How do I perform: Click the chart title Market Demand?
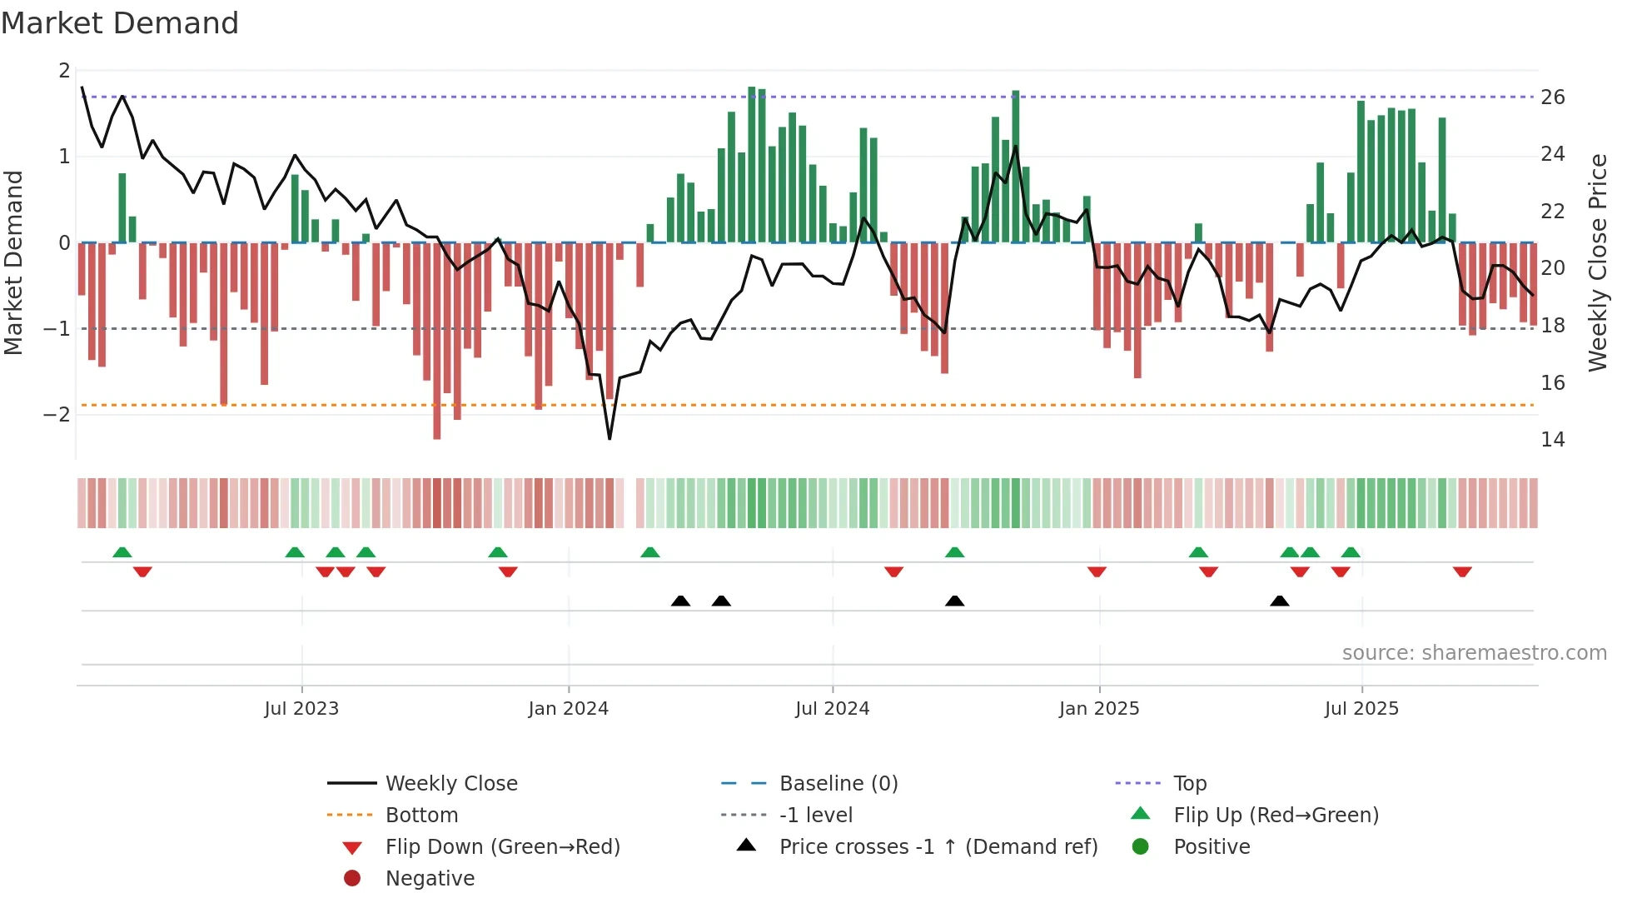(x=120, y=23)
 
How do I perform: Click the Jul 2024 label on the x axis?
(x=832, y=709)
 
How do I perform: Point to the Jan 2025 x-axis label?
(x=1098, y=709)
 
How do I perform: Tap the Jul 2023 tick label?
(x=301, y=709)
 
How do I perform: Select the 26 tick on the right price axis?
(x=1552, y=97)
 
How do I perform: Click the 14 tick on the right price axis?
(x=1552, y=440)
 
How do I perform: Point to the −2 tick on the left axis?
(x=57, y=415)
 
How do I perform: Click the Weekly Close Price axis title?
(x=1597, y=262)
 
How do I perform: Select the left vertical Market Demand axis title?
(x=13, y=262)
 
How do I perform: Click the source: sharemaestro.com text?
(x=1474, y=653)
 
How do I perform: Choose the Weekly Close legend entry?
(x=450, y=784)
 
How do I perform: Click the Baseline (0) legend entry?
(x=838, y=784)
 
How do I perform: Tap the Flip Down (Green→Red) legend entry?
(x=502, y=847)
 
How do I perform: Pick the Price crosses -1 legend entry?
(x=938, y=847)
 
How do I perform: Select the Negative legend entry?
(x=430, y=879)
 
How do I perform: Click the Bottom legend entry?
(x=421, y=816)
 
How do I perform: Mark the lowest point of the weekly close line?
(x=610, y=438)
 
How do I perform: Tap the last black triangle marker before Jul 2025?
(x=1280, y=601)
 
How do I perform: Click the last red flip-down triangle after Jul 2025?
(x=1462, y=571)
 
